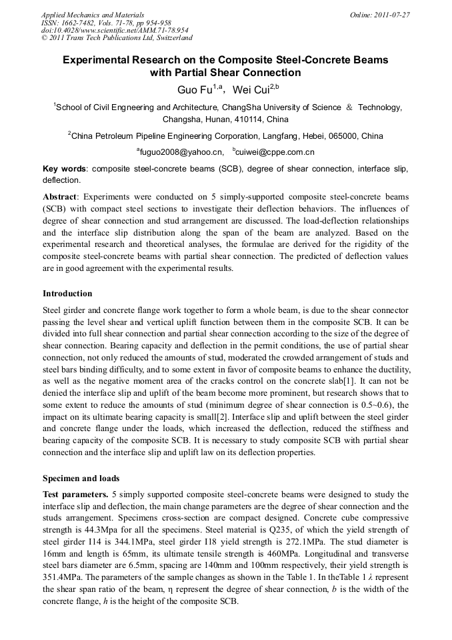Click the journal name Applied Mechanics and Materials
(93, 14)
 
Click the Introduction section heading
(67, 294)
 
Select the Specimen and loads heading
(81, 478)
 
